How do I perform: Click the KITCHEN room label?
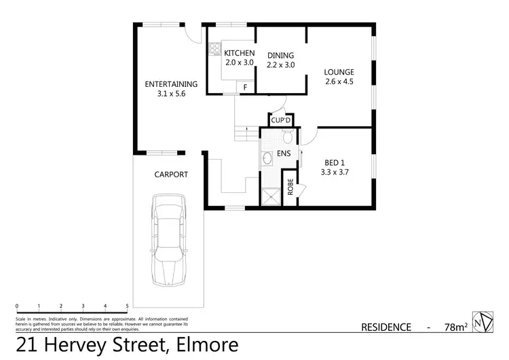239,53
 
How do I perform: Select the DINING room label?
280,55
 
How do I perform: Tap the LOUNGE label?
339,73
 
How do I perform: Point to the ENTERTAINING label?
171,84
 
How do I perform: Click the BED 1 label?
335,162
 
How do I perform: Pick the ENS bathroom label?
283,154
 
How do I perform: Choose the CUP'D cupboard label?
280,121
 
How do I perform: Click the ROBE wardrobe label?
290,187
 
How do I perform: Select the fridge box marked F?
245,86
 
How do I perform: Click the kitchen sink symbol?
213,48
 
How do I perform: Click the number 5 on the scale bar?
127,306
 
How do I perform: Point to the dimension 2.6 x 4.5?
339,82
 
